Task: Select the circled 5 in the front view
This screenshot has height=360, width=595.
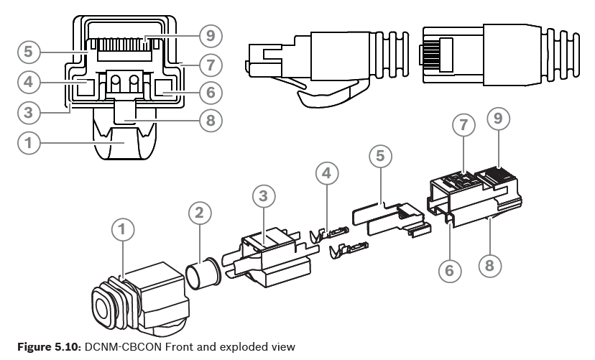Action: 28,52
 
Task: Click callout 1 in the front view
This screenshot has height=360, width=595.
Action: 28,143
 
